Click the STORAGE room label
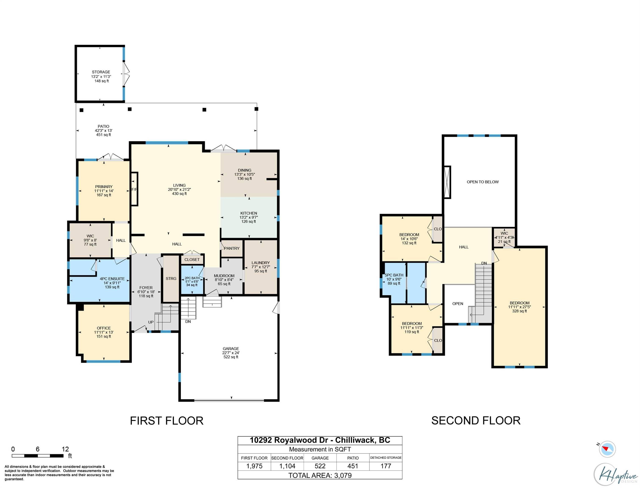[101, 76]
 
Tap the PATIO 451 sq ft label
[103, 130]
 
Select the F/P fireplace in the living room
[134, 189]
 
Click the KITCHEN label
[249, 217]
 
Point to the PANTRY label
[232, 248]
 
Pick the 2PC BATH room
[192, 281]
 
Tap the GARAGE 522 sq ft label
[231, 353]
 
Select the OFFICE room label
[104, 332]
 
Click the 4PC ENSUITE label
[112, 283]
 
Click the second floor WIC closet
[504, 237]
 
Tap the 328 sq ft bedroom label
[519, 307]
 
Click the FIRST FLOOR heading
[166, 421]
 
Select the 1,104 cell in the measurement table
[287, 466]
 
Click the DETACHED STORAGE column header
[386, 457]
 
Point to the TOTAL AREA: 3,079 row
[320, 475]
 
